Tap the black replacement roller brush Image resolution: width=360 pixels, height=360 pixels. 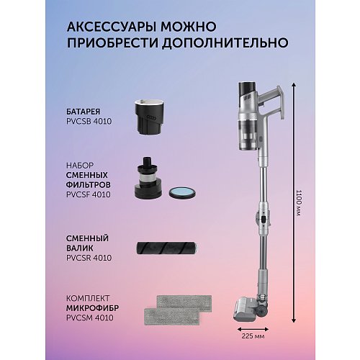(x=166, y=245)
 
